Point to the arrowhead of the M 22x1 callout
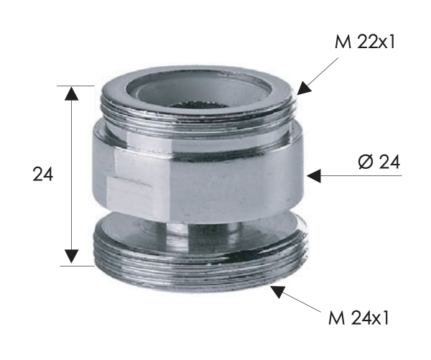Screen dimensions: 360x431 pos(302,89)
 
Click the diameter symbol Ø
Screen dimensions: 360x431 pos(363,162)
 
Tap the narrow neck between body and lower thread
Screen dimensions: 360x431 pos(201,231)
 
